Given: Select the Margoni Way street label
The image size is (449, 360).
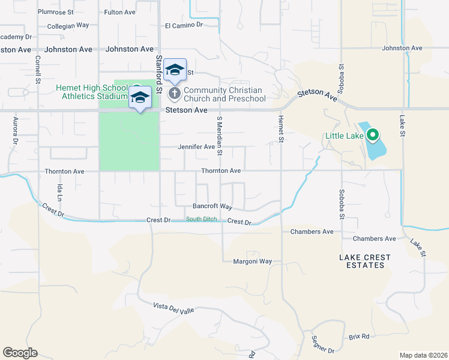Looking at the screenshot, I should click(x=253, y=262).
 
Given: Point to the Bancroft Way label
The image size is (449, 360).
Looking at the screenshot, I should click(x=212, y=206).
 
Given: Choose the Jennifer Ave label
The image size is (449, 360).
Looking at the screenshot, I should click(x=196, y=146).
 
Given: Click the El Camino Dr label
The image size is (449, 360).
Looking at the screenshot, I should click(x=184, y=25).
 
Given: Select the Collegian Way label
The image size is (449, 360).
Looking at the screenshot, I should click(x=68, y=25).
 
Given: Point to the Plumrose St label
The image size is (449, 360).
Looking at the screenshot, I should click(x=55, y=11).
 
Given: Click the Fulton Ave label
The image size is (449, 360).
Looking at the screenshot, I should click(x=120, y=11).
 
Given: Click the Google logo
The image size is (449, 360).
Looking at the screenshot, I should click(x=20, y=352).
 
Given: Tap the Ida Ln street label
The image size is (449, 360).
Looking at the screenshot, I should click(x=59, y=193).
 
